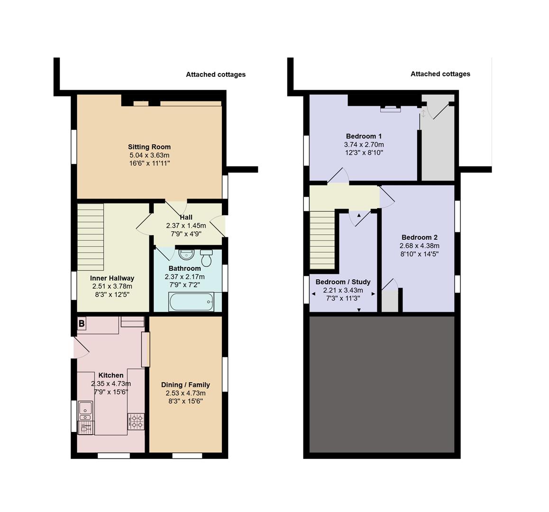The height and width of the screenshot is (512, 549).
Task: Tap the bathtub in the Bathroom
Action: pos(191,302)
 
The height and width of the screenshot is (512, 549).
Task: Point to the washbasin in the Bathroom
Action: pos(186,255)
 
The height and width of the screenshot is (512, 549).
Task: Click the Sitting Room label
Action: pos(149,147)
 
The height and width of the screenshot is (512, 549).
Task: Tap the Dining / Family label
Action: pos(185,384)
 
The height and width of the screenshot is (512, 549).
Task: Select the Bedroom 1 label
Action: pos(364,136)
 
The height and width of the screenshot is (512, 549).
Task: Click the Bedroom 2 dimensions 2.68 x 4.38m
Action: pos(419,246)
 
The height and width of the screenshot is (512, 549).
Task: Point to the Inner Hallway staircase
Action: pos(90,237)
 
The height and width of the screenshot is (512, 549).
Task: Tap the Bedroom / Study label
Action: pos(343,282)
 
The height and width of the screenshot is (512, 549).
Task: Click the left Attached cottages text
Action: pos(215,74)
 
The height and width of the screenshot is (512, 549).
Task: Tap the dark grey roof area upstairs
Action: pos(382,384)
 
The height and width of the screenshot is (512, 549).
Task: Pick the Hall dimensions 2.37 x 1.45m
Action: pos(186,226)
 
